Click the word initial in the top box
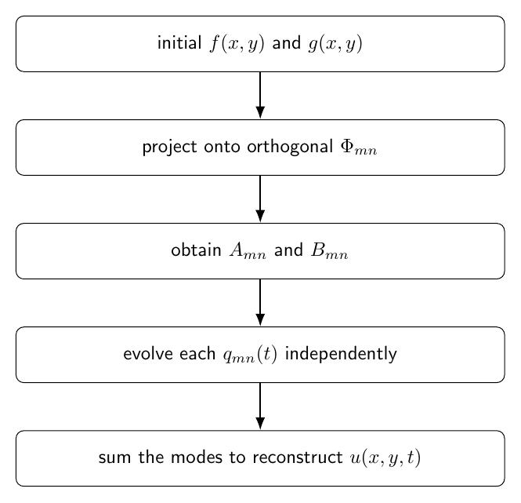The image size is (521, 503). (179, 43)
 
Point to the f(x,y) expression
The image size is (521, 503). (237, 44)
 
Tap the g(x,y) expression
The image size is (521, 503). (335, 44)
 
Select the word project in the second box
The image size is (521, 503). (169, 148)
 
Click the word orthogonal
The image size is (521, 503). (290, 148)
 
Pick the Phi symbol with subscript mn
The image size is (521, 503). (359, 148)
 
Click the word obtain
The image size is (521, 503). (196, 250)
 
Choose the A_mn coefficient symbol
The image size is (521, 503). (248, 250)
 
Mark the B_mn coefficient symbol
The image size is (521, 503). (330, 250)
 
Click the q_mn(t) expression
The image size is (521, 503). (250, 355)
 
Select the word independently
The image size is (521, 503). (342, 354)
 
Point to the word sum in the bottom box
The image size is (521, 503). (114, 457)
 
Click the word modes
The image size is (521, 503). (197, 457)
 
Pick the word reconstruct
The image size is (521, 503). (298, 457)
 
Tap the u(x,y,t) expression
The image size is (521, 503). (385, 458)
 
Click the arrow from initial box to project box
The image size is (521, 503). (260, 95)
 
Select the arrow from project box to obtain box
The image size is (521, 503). (260, 199)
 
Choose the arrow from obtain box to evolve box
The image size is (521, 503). (260, 303)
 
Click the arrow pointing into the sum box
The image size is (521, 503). (260, 406)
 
